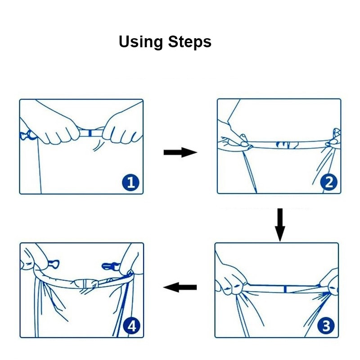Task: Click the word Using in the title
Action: tap(140, 42)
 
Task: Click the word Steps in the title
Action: tap(189, 41)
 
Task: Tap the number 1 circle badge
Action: tap(130, 183)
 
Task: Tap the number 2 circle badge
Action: tap(329, 182)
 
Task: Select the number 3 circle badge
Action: tap(326, 326)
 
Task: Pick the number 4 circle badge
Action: tap(131, 326)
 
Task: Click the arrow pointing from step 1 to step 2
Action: tap(180, 152)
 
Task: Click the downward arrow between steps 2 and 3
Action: tap(280, 225)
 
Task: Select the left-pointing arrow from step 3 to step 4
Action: tap(180, 287)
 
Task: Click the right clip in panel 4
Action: tap(110, 266)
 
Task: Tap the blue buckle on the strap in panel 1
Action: tap(90, 133)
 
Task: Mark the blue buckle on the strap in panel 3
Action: tap(285, 289)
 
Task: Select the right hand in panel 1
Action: tap(121, 129)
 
